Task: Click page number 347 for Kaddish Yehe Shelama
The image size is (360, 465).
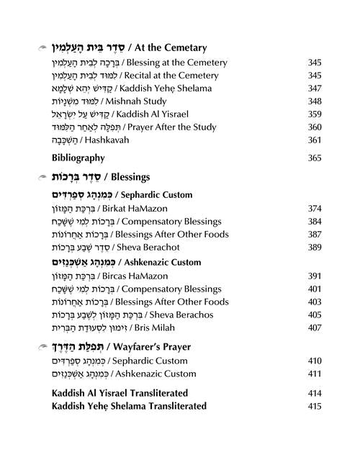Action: (x=314, y=88)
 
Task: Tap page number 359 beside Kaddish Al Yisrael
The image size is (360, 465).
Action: (x=314, y=114)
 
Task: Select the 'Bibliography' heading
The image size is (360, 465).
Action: (x=78, y=158)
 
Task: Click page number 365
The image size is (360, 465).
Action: (x=314, y=158)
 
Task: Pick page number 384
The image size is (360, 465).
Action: (x=314, y=222)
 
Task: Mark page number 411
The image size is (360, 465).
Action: (x=314, y=374)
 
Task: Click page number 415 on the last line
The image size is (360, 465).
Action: (x=314, y=407)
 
